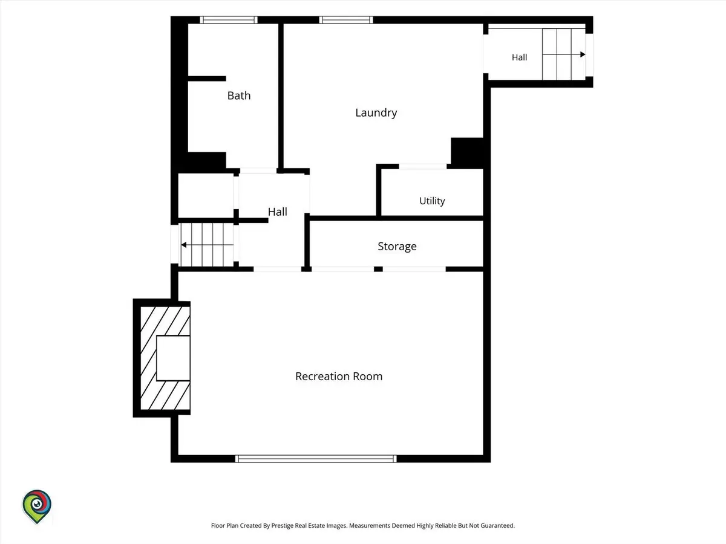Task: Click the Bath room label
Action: [239, 96]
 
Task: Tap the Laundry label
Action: [376, 113]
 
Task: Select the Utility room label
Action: [432, 201]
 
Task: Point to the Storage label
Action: [397, 247]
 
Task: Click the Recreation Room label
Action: [339, 376]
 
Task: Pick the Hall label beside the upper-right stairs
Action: [519, 57]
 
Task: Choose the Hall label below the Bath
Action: [277, 212]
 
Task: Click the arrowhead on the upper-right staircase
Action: [583, 54]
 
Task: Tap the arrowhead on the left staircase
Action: [183, 245]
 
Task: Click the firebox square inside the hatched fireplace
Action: [173, 358]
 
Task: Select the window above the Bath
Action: [229, 20]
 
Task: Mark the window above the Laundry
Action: [346, 20]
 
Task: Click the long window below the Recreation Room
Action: [316, 458]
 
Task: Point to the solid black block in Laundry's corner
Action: [467, 153]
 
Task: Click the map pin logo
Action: [37, 507]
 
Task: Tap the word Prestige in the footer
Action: [283, 525]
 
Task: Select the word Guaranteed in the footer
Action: [497, 525]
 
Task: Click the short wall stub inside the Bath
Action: [207, 79]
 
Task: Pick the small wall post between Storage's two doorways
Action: [378, 269]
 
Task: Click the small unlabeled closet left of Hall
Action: [206, 195]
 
